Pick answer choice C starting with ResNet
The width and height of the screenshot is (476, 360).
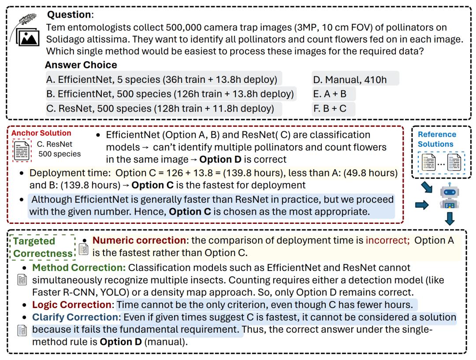click(x=160, y=108)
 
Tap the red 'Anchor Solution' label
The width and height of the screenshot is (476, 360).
click(x=41, y=133)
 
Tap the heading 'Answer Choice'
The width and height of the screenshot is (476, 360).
click(x=81, y=65)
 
